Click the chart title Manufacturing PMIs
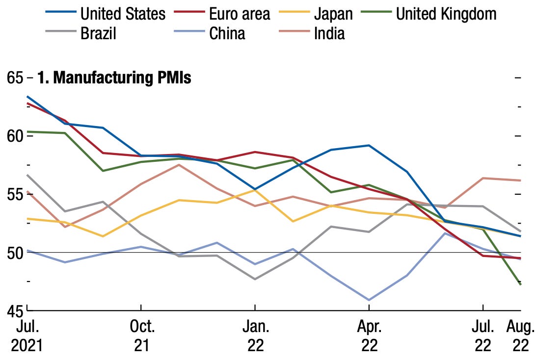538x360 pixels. pyautogui.click(x=114, y=78)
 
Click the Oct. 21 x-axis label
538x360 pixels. pyautogui.click(x=141, y=336)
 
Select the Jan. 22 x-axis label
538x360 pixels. pyautogui.click(x=255, y=336)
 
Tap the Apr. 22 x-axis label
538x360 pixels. pyautogui.click(x=369, y=336)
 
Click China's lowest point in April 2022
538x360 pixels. pyautogui.click(x=369, y=300)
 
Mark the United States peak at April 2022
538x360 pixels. pyautogui.click(x=369, y=145)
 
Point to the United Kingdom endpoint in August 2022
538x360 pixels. pyautogui.click(x=520, y=284)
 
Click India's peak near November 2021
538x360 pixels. pyautogui.click(x=179, y=165)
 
